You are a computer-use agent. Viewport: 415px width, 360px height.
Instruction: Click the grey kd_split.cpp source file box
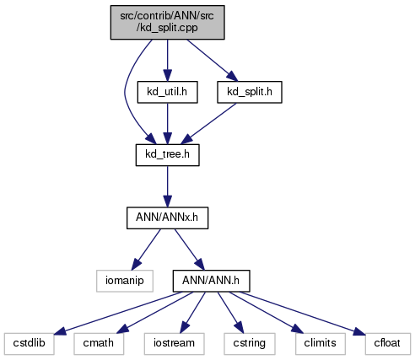pyautogui.click(x=167, y=22)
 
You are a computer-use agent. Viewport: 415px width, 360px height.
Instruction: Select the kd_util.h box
pyautogui.click(x=167, y=92)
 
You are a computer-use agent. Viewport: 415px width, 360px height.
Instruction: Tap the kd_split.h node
pyautogui.click(x=250, y=92)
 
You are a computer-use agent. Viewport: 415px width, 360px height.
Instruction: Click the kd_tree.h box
pyautogui.click(x=168, y=155)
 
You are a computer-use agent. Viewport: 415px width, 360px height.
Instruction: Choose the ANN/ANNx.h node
pyautogui.click(x=167, y=218)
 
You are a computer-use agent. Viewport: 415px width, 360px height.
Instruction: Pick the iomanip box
pyautogui.click(x=125, y=281)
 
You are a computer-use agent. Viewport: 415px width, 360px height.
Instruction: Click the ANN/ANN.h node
pyautogui.click(x=211, y=281)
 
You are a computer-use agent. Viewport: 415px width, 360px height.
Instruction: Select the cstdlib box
pyautogui.click(x=29, y=344)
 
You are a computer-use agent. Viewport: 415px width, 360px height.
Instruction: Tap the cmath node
pyautogui.click(x=99, y=344)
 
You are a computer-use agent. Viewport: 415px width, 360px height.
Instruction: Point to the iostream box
pyautogui.click(x=174, y=344)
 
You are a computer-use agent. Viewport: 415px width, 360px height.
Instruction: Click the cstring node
pyautogui.click(x=250, y=344)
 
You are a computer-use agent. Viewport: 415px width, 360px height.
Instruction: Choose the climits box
pyautogui.click(x=321, y=344)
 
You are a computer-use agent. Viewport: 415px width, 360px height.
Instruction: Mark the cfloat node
pyautogui.click(x=388, y=344)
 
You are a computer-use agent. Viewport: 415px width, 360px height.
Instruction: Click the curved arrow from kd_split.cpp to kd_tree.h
pyautogui.click(x=125, y=93)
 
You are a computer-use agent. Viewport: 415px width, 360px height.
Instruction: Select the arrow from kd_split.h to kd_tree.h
pyautogui.click(x=209, y=123)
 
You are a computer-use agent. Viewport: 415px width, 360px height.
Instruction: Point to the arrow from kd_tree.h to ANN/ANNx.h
pyautogui.click(x=168, y=186)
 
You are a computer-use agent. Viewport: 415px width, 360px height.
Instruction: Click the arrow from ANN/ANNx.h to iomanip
pyautogui.click(x=146, y=250)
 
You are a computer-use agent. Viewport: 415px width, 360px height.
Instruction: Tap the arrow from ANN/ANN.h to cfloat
pyautogui.click(x=302, y=313)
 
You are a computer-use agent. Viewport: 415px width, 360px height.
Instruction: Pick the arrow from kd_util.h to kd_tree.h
pyautogui.click(x=168, y=124)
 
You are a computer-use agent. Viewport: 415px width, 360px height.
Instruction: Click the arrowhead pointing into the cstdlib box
pyautogui.click(x=60, y=331)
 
